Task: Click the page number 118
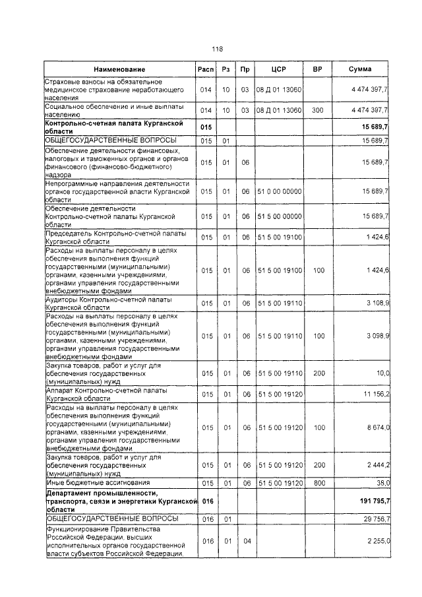(x=218, y=48)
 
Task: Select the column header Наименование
(x=119, y=69)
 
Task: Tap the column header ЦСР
(x=278, y=69)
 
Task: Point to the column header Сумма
(x=360, y=69)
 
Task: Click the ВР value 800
(x=319, y=483)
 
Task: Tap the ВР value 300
(x=319, y=110)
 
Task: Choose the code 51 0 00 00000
(x=279, y=191)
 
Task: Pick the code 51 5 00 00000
(x=279, y=216)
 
